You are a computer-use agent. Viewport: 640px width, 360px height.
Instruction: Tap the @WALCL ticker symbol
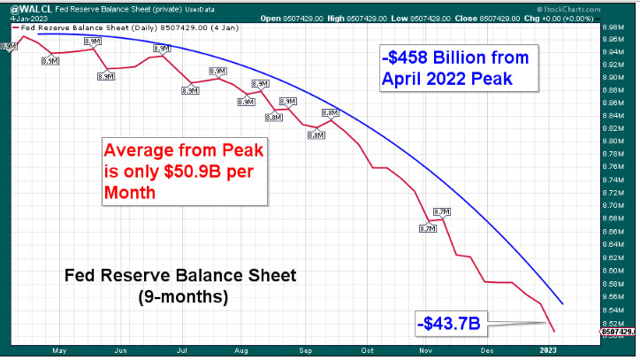point(27,8)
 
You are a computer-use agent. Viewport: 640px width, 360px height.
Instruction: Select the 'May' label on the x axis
point(60,350)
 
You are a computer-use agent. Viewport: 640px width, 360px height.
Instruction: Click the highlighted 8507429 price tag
point(621,332)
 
